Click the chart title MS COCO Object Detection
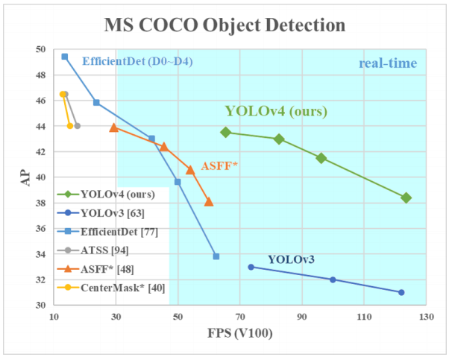click(225, 25)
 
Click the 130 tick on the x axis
click(425, 316)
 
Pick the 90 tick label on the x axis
click(301, 316)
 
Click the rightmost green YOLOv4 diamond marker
click(406, 198)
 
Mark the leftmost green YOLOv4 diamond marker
click(226, 132)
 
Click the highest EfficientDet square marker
click(65, 57)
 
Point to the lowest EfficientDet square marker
click(216, 256)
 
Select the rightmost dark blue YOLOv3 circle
click(401, 292)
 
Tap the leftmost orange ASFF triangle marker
click(113, 127)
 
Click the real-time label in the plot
click(387, 63)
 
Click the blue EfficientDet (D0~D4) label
click(137, 61)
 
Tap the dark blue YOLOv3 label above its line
click(291, 259)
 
